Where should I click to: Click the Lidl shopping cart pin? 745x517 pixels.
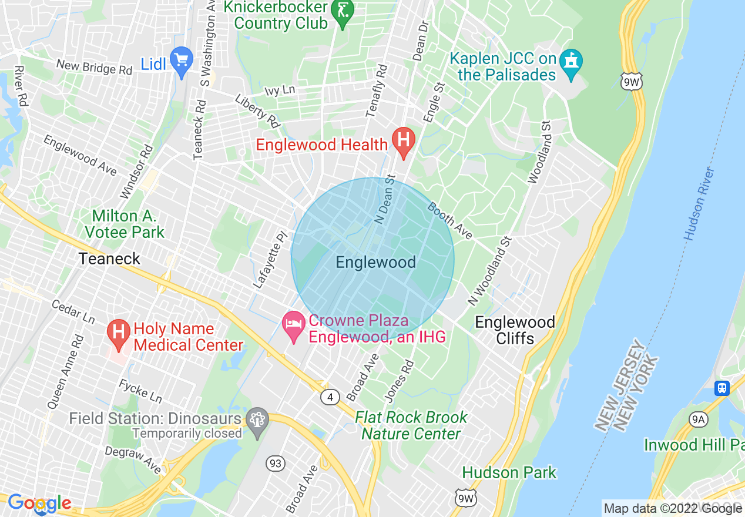182,61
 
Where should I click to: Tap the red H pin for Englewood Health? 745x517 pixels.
404,141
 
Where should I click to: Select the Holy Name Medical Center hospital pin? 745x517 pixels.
118,333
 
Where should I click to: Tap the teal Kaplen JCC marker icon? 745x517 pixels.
571,61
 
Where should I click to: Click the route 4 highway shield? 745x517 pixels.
330,398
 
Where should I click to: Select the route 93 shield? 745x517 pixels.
275,464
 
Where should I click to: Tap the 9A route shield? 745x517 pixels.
697,419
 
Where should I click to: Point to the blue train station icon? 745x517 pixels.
721,388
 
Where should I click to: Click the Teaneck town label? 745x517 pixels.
110,258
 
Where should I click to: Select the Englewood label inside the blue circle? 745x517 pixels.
375,262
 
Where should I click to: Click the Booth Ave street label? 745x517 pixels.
450,221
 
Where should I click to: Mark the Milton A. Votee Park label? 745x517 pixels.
125,224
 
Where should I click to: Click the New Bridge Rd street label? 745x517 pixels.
94,66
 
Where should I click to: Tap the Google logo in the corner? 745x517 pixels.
39,503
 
